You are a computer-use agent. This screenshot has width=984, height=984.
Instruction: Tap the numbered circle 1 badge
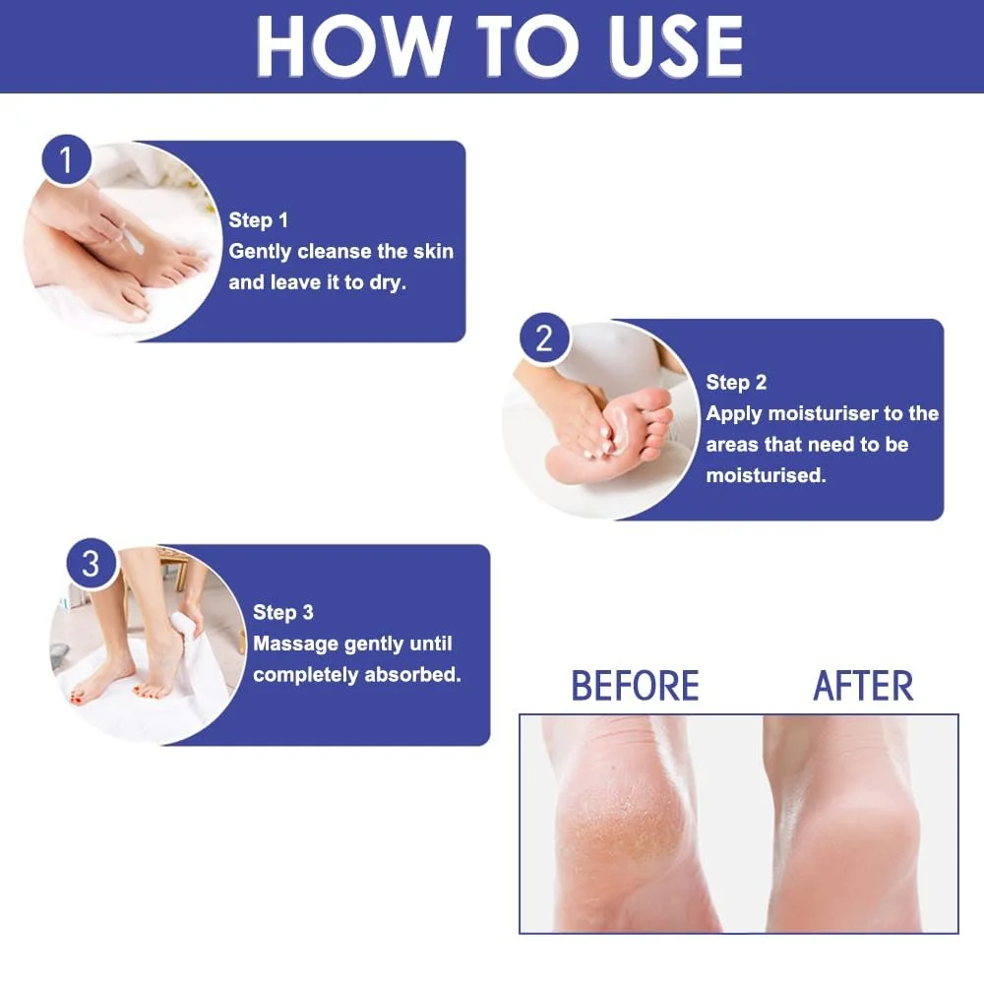(x=67, y=160)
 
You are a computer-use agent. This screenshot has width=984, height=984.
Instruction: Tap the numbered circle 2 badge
(x=545, y=338)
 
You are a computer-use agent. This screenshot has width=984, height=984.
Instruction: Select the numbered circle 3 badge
(x=92, y=564)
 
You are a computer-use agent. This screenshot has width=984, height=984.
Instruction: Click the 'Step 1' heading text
(x=258, y=220)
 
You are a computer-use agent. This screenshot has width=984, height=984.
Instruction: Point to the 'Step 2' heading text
(x=736, y=382)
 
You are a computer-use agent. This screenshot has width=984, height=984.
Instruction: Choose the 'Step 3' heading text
(x=283, y=612)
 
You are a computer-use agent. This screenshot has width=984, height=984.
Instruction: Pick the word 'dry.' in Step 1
(x=388, y=283)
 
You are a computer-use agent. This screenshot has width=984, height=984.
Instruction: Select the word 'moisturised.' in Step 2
(x=766, y=475)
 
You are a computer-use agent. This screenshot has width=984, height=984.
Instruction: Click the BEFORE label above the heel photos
(x=635, y=685)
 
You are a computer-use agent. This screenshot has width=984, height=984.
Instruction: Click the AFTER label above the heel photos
(x=864, y=685)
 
